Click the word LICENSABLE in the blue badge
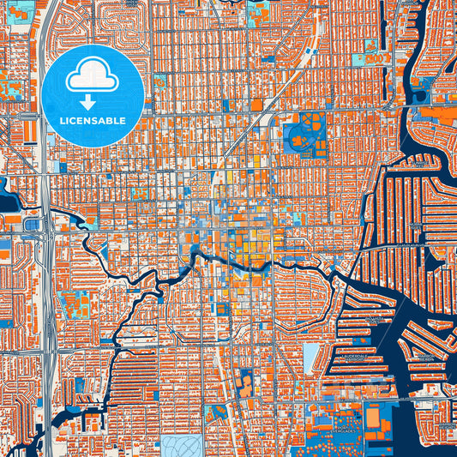[x=92, y=121]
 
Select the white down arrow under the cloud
[x=92, y=101]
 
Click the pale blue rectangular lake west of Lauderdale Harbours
[x=310, y=360]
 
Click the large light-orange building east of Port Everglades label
[x=378, y=417]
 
